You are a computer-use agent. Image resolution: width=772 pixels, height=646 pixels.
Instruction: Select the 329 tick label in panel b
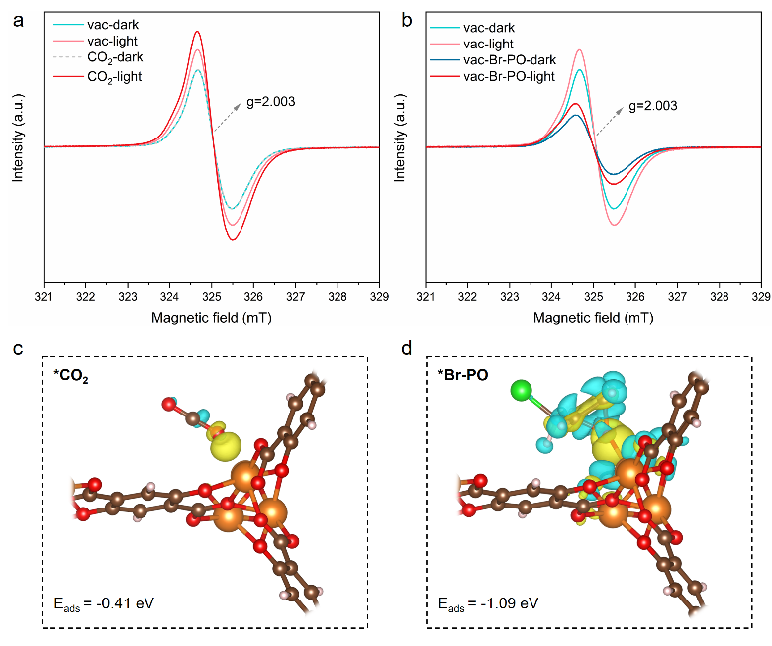click(759, 297)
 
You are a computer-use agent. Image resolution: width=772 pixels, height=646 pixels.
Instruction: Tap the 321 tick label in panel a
click(44, 297)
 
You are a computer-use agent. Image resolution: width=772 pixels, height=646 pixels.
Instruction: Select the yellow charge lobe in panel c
click(224, 446)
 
